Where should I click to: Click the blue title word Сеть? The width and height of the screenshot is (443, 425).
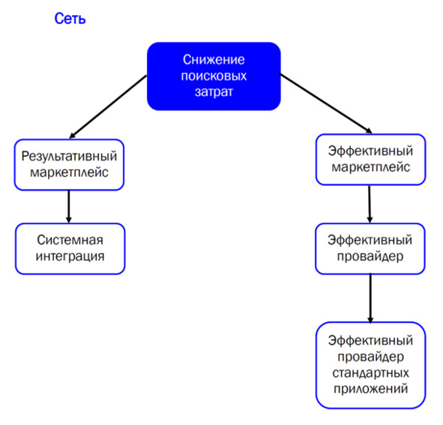point(70,19)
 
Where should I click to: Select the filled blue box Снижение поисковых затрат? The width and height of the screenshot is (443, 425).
point(214,76)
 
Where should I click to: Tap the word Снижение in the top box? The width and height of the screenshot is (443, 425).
point(214,60)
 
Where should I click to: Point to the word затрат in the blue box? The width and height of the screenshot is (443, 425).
point(214,92)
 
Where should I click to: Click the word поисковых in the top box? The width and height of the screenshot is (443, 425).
point(214,76)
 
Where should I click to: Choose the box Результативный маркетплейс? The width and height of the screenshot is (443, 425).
point(69,164)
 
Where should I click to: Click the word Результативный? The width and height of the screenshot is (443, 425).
point(69,156)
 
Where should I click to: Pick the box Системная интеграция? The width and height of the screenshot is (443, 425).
point(70,249)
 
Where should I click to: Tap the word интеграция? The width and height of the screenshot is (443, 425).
point(70,256)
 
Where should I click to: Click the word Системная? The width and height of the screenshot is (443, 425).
point(70,240)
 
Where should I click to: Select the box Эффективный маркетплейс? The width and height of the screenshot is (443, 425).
point(370,160)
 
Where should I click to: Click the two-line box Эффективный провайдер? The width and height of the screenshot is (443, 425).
point(370,249)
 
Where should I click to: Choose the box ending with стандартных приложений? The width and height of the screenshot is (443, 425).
point(370,365)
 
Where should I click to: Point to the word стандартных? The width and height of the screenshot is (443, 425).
point(370,373)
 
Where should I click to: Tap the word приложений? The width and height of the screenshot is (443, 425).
point(370,389)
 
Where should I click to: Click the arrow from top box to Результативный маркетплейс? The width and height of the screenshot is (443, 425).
point(108,106)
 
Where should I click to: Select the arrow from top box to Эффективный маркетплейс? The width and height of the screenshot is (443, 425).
point(325,103)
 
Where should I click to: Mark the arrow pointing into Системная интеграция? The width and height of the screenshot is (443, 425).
point(69,207)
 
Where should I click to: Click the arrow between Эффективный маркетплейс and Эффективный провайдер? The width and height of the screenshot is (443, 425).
point(370,204)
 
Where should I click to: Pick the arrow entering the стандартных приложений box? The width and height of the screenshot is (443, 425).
point(370,298)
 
